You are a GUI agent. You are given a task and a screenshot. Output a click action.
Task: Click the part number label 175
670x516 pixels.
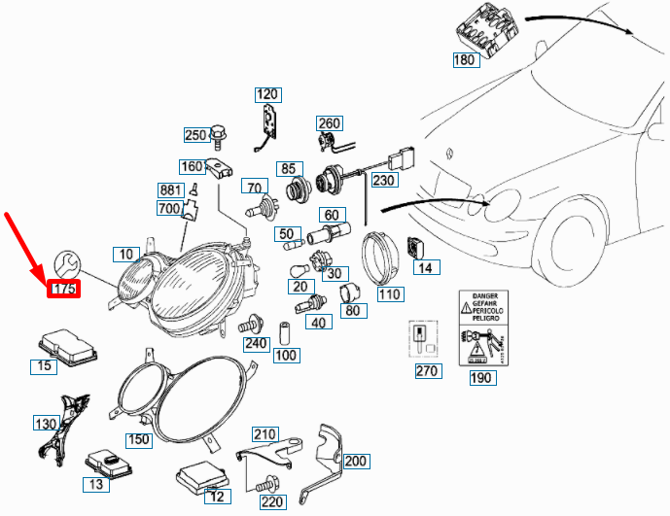(x=65, y=289)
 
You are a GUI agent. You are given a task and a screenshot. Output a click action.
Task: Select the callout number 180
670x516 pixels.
(x=466, y=61)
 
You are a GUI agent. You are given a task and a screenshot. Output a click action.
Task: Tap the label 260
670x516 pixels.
(x=329, y=122)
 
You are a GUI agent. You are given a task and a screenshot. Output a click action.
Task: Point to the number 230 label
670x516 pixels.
(x=384, y=180)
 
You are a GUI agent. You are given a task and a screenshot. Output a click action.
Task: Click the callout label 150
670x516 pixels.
(x=139, y=439)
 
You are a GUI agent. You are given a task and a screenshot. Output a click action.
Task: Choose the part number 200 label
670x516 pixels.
(x=357, y=461)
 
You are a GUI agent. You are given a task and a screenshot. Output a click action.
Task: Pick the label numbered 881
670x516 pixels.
(x=171, y=189)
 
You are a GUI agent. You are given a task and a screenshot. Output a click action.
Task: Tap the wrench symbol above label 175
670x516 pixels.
(x=67, y=262)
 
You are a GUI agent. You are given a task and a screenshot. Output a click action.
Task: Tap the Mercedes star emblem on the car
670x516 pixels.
(x=449, y=153)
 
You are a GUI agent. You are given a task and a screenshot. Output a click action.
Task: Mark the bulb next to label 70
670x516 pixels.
(x=261, y=207)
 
